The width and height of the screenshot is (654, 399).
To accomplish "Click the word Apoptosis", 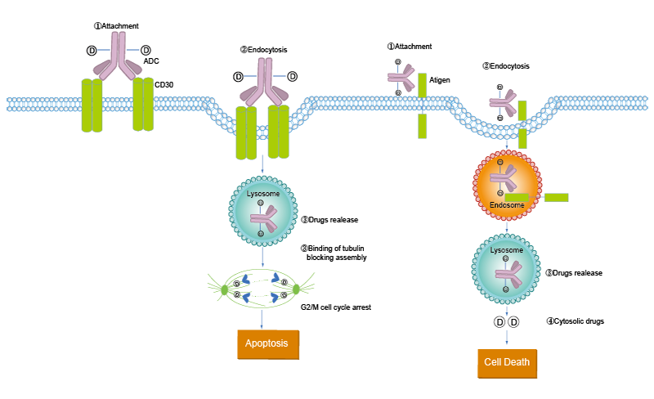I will click(x=267, y=343).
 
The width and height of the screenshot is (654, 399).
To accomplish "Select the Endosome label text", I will click(x=507, y=206).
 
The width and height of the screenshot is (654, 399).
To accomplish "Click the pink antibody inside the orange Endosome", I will click(x=507, y=182).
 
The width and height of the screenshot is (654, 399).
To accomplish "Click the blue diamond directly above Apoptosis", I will click(x=262, y=317).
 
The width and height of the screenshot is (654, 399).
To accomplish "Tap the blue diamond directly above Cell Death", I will click(x=508, y=335).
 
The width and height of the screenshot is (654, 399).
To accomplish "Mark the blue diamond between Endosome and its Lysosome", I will click(x=507, y=228).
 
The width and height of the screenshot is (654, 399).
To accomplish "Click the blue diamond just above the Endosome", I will click(x=507, y=146).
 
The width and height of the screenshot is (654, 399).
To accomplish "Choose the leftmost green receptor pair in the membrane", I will click(x=92, y=105).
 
